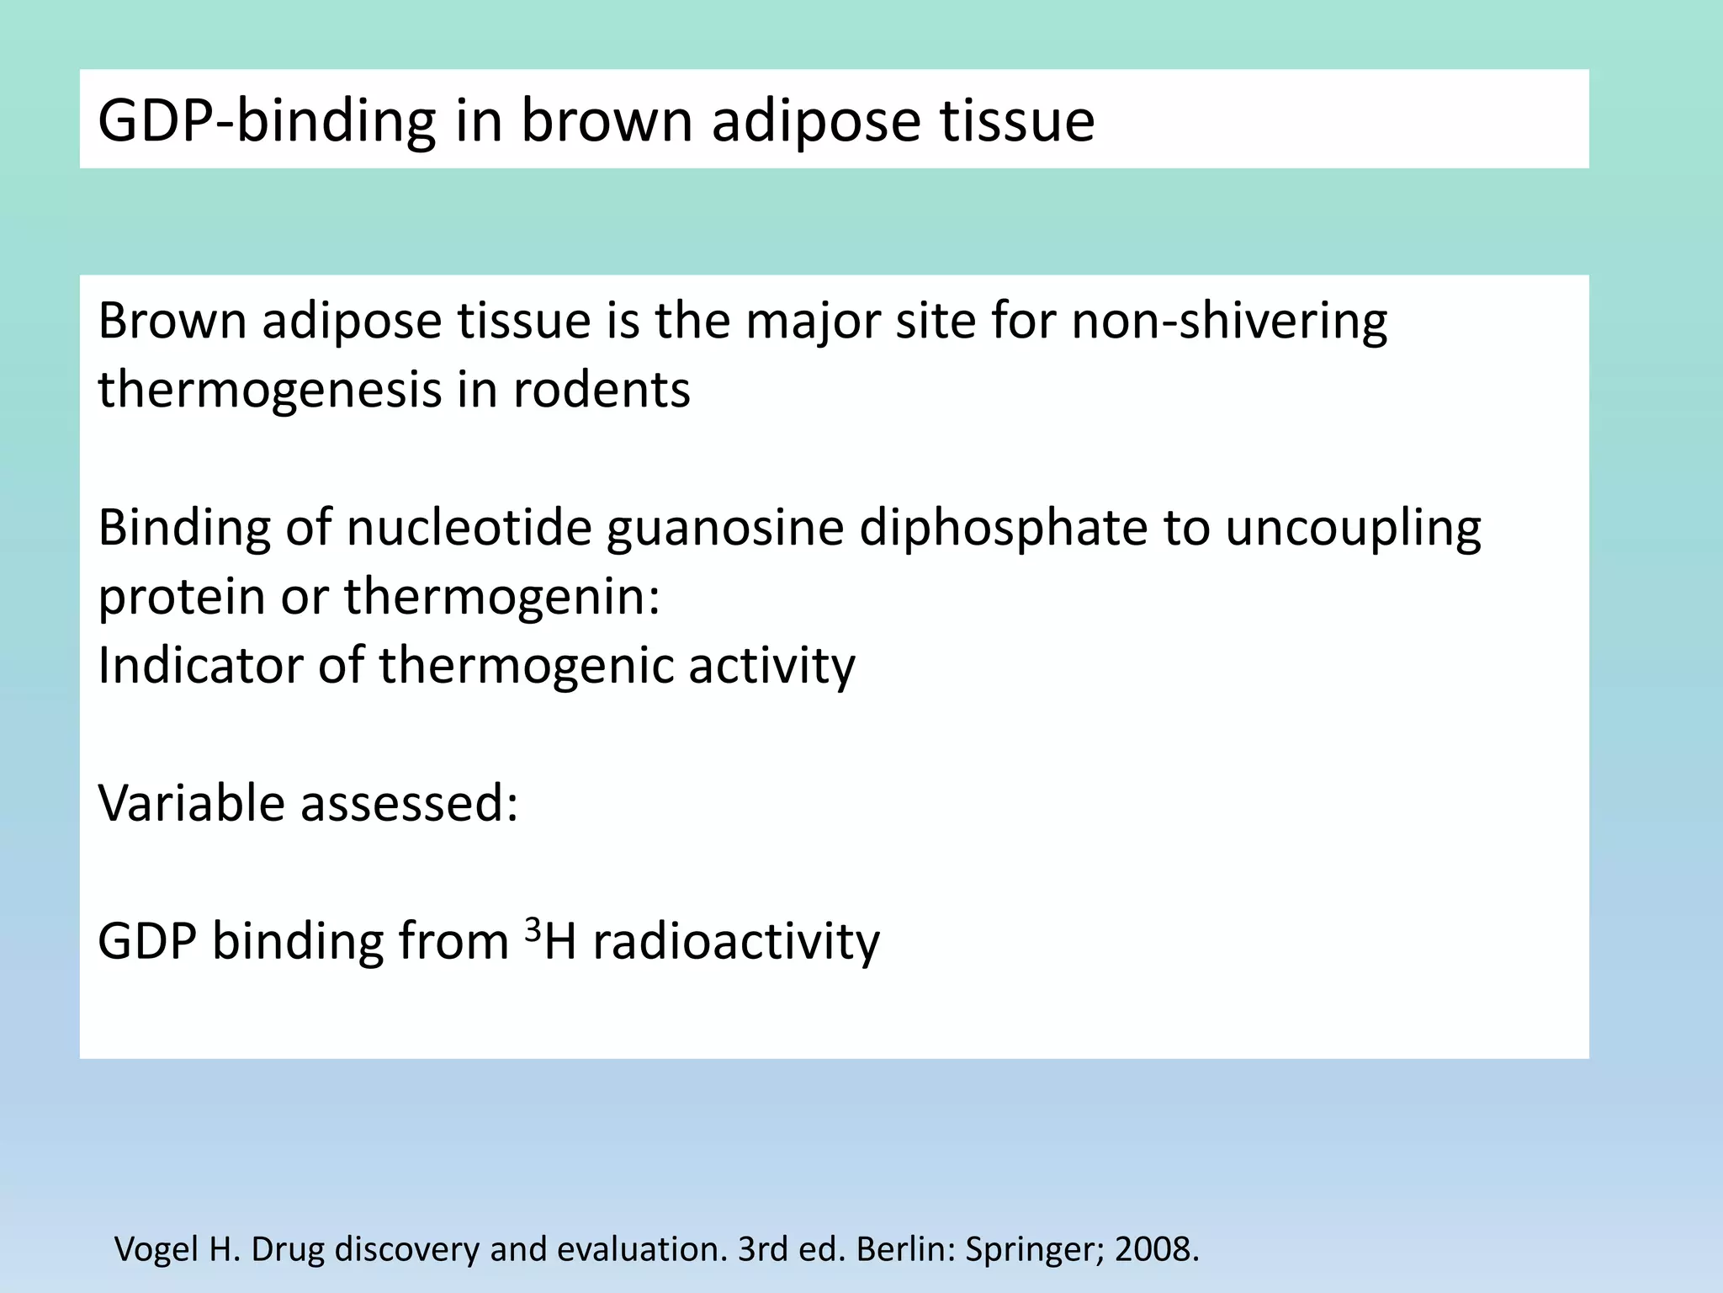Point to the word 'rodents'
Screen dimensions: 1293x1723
(602, 391)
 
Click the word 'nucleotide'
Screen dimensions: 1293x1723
(469, 529)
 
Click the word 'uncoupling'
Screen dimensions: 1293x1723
(1352, 529)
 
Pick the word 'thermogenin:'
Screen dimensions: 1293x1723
(502, 598)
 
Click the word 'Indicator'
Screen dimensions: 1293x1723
(199, 666)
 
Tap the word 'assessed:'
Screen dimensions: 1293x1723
(410, 804)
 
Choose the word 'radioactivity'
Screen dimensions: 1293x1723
(736, 941)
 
